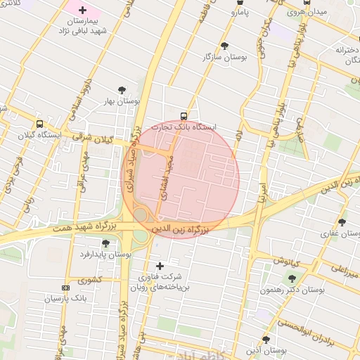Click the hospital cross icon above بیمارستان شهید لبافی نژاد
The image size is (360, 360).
tap(83, 11)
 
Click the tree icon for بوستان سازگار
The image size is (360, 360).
tap(222, 44)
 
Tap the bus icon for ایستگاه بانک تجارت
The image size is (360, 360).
tap(184, 116)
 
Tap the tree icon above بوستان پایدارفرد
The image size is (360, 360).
tap(105, 243)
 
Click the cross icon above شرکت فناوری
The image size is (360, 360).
tap(160, 266)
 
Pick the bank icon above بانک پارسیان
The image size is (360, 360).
tap(66, 288)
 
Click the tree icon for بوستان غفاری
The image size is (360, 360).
tap(342, 222)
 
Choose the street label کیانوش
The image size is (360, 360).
tap(286, 260)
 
